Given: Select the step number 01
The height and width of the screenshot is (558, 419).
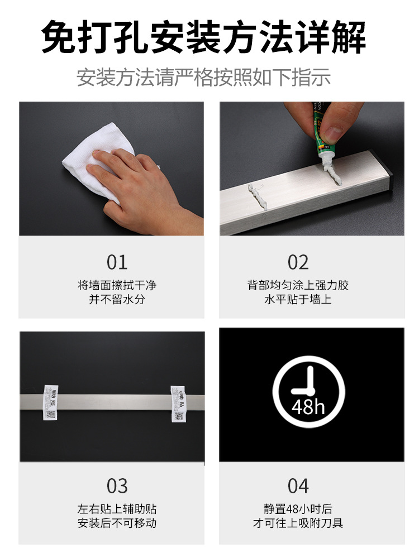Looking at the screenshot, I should (117, 262).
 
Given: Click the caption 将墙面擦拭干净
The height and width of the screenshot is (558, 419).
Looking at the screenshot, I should (117, 285).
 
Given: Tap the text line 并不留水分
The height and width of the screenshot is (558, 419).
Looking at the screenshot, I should (117, 300).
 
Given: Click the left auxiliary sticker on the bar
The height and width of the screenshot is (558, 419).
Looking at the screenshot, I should (51, 401).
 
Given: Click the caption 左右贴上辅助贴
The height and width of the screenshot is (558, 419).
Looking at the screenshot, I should (117, 509).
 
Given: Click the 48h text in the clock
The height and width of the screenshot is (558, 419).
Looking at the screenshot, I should (308, 407).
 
